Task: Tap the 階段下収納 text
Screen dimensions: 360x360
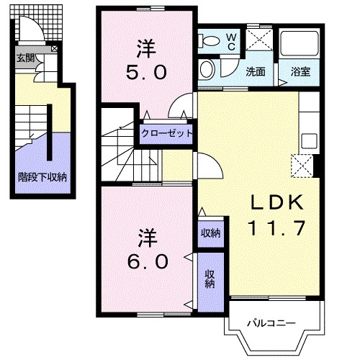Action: pyautogui.click(x=42, y=176)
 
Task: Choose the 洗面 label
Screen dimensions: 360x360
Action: pyautogui.click(x=256, y=71)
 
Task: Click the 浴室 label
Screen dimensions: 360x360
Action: pyautogui.click(x=300, y=71)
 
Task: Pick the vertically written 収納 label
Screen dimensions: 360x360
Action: pyautogui.click(x=210, y=277)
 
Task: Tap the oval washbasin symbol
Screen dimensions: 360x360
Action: pyautogui.click(x=207, y=69)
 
